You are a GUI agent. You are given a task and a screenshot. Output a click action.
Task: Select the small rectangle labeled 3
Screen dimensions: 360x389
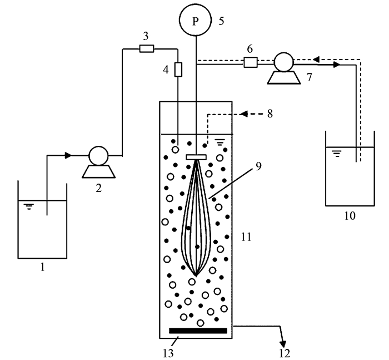point(146,49)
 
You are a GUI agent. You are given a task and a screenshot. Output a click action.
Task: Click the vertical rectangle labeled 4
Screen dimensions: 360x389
point(178,70)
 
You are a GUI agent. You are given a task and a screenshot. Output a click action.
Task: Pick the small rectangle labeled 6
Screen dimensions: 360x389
point(250,63)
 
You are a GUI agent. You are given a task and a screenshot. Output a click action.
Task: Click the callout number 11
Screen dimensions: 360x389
point(247,238)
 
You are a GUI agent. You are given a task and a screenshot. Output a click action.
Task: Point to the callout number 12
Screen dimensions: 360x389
point(285,352)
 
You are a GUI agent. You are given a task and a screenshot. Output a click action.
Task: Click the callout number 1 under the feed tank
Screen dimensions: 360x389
point(42,268)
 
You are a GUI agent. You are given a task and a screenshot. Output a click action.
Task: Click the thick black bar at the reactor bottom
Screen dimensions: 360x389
point(198,331)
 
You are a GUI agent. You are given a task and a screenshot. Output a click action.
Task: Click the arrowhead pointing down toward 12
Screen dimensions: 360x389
point(283,341)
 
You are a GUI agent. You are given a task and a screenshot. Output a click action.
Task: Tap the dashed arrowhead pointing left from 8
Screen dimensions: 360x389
point(243,115)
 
